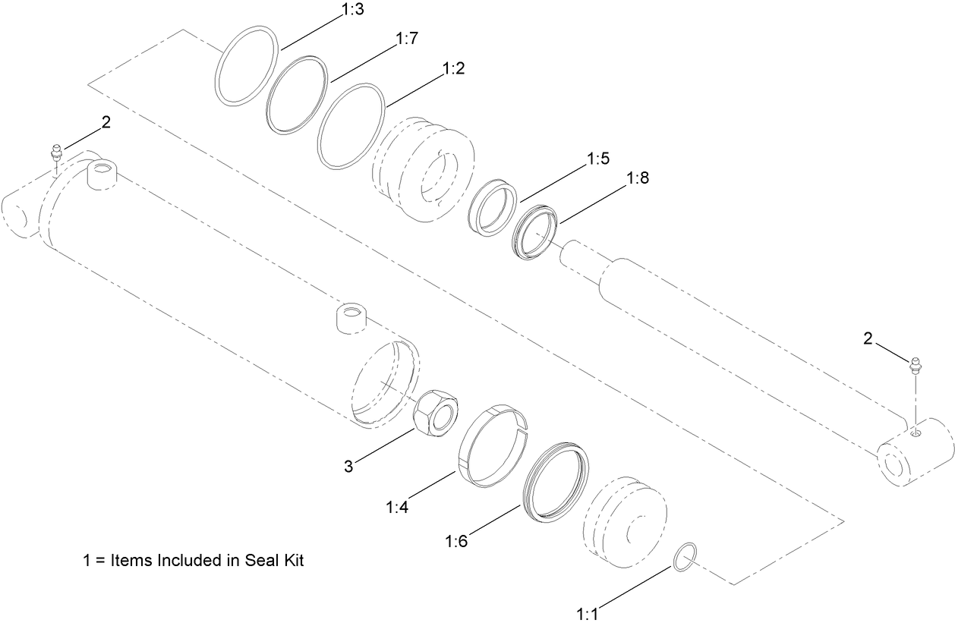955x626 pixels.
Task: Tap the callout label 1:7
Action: [407, 39]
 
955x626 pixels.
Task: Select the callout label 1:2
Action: [453, 68]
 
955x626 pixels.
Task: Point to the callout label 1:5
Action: [598, 159]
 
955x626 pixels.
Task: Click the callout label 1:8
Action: [637, 178]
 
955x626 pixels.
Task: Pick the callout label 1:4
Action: [397, 508]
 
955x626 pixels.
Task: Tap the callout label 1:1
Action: [588, 613]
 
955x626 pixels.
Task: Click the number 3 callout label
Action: [348, 467]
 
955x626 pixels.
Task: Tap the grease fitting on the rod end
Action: [916, 365]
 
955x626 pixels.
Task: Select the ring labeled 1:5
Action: [491, 205]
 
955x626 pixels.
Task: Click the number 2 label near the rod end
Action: [868, 338]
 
